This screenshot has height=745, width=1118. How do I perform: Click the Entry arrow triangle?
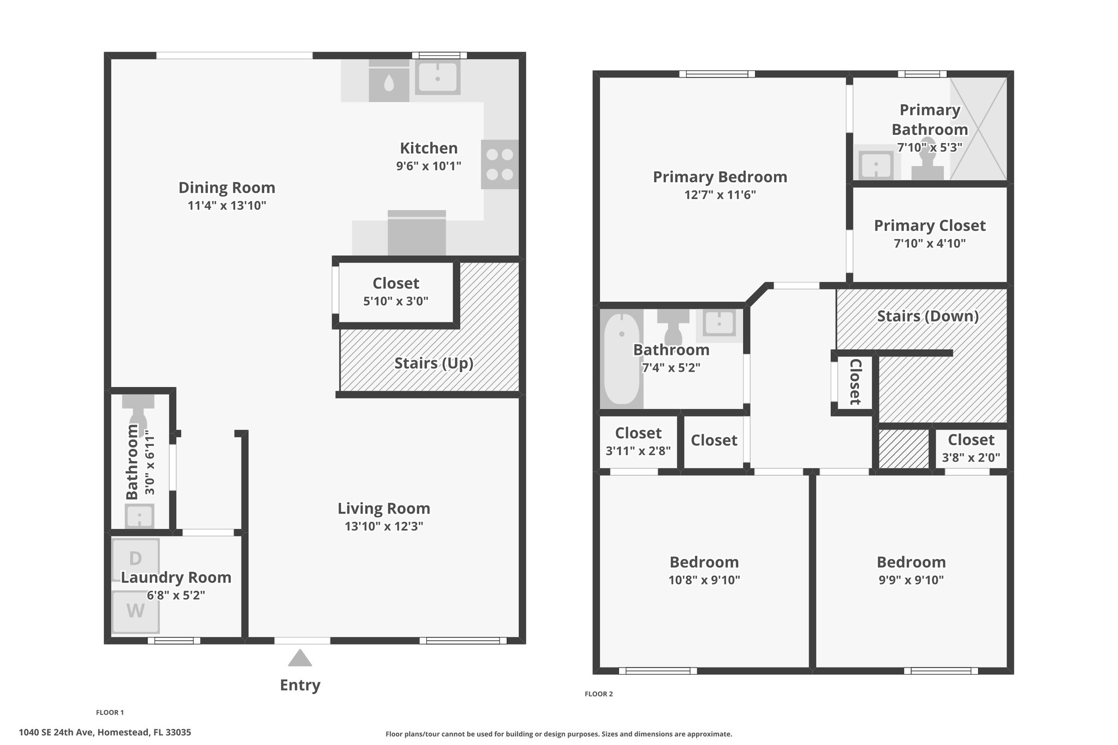coord(300,658)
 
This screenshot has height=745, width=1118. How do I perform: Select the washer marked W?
coord(135,612)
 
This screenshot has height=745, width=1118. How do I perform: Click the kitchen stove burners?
coord(499,164)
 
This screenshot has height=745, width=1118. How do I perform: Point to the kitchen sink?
coord(438,78)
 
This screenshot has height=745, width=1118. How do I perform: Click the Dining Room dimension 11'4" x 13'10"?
coord(227,206)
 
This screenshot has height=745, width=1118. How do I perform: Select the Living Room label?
coord(384,508)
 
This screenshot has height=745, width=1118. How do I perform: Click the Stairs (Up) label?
coord(433,363)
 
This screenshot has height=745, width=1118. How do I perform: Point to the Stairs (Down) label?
coord(927,317)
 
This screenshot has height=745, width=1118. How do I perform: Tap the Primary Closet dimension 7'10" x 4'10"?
coord(930,243)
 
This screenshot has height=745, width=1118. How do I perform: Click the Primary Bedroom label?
coord(720,177)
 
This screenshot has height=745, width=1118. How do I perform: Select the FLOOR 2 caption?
coord(599,694)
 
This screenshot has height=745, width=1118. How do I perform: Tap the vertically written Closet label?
coord(855,382)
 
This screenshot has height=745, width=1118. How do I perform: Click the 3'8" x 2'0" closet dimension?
coord(971,458)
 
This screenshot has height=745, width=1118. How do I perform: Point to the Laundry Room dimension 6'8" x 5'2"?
coord(176,595)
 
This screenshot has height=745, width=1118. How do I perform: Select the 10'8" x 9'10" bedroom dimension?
coord(704,580)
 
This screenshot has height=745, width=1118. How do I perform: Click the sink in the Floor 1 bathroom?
coord(140,516)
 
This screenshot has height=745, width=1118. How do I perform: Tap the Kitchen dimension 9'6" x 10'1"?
coord(429,166)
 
